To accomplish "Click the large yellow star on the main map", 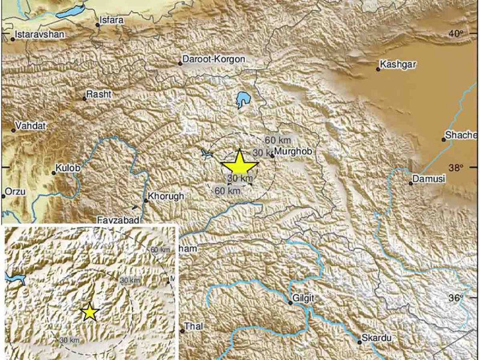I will click(239, 164).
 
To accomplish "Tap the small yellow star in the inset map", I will click(89, 312).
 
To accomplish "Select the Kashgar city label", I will click(399, 64).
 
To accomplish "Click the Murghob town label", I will click(293, 154).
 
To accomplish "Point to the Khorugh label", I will click(166, 197).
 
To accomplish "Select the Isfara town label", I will click(113, 20).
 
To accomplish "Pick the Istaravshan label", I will click(40, 35).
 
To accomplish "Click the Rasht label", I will click(99, 94).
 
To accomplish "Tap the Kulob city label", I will click(68, 169).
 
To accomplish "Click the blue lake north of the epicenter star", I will click(243, 99).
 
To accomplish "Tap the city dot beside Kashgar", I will click(377, 69).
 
